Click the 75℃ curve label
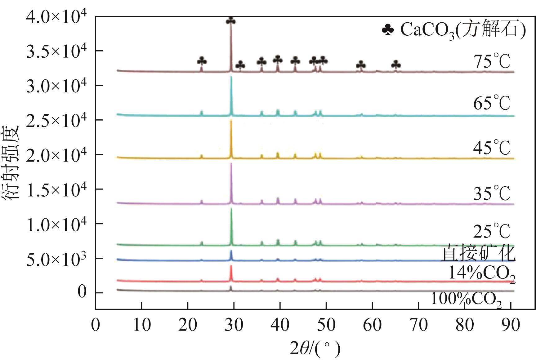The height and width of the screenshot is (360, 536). point(492,61)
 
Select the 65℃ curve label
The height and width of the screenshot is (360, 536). point(492,103)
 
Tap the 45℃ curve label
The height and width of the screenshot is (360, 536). point(492,148)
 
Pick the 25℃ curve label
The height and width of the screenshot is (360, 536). point(492,231)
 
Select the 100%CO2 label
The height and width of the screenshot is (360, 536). point(466,300)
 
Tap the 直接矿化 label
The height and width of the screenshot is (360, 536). point(478,253)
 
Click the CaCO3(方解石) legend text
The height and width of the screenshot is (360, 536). point(463,30)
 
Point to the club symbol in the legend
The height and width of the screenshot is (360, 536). point(388,30)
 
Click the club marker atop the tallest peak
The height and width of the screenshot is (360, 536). point(231,21)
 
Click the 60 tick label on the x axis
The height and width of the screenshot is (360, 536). point(372,325)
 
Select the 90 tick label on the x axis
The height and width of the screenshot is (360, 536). point(511,325)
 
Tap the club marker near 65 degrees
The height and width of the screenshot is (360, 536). point(396,64)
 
